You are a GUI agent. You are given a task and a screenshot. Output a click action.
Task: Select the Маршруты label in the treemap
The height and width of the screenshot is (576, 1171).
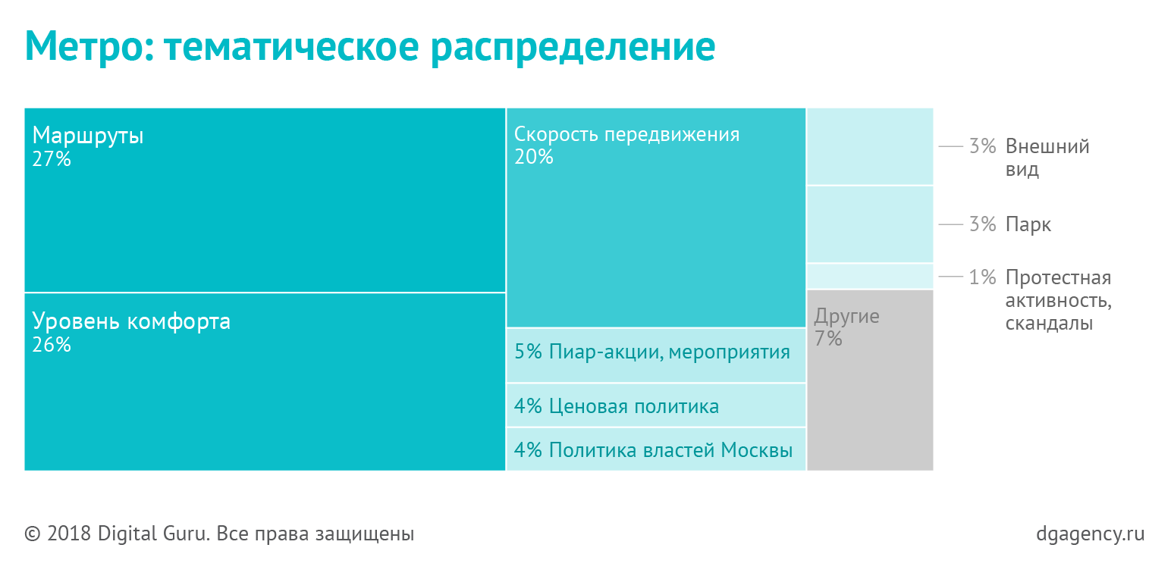click(88, 136)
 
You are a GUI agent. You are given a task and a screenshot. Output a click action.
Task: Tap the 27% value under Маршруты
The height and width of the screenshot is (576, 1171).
click(52, 159)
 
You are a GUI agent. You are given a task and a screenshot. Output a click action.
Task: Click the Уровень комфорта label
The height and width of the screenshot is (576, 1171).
click(131, 321)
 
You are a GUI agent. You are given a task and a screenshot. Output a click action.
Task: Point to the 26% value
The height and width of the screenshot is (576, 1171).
click(52, 345)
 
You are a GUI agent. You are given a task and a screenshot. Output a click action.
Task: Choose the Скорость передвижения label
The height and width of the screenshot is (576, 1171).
click(626, 135)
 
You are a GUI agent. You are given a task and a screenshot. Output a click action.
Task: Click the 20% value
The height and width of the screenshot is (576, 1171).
click(534, 157)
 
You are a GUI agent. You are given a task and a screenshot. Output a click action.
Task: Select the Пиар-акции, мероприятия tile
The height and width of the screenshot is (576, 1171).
click(655, 355)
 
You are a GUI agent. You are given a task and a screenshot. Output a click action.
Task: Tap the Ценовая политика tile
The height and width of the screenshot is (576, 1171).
click(655, 405)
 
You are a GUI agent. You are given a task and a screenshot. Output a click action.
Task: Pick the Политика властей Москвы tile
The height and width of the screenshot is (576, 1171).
click(655, 449)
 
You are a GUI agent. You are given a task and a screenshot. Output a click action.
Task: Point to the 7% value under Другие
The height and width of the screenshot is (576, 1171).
click(828, 339)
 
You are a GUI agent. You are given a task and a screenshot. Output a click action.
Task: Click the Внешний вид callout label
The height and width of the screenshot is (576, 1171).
click(1047, 157)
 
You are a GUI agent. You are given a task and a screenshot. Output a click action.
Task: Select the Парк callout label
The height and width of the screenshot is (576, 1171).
click(1028, 224)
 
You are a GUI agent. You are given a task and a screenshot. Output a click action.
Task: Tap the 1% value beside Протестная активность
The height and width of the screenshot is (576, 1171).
click(982, 277)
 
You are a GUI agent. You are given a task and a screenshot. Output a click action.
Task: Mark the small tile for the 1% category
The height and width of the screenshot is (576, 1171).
click(870, 276)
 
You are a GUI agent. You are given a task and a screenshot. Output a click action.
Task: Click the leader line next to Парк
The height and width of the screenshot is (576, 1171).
click(950, 224)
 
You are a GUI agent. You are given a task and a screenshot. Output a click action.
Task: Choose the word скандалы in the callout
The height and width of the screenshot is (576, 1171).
click(1049, 324)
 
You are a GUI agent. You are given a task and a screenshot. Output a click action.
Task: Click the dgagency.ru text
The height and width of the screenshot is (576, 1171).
click(1090, 534)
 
